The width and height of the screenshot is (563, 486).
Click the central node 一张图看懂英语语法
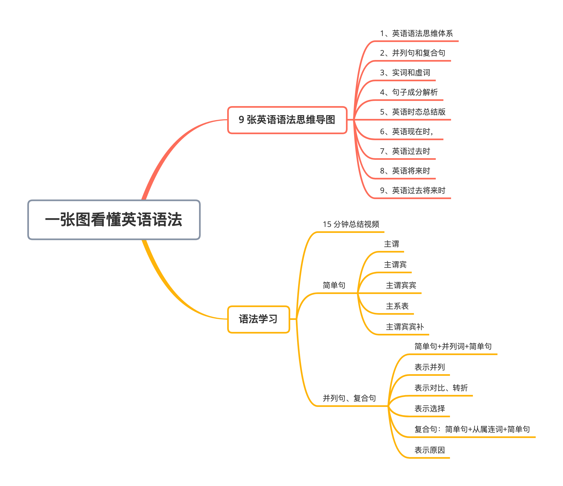click(x=114, y=220)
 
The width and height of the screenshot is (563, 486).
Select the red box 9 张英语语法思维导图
click(x=287, y=120)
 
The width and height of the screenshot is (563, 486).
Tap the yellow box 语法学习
click(x=258, y=319)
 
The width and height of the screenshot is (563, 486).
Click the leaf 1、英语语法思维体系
click(x=416, y=34)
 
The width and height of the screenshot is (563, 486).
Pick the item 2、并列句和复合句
click(x=412, y=53)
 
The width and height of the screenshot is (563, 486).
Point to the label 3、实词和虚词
click(x=405, y=73)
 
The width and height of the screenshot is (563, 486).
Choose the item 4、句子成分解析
click(x=409, y=92)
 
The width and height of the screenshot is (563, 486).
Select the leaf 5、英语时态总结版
click(x=413, y=112)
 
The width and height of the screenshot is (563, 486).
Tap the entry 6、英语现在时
click(x=407, y=132)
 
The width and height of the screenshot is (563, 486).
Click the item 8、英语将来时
click(x=405, y=171)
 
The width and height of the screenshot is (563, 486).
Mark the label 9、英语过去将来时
click(x=413, y=191)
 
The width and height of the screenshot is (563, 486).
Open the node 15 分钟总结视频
click(x=351, y=224)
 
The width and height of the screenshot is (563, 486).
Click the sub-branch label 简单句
click(x=334, y=286)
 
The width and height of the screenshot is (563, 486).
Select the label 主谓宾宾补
click(x=405, y=327)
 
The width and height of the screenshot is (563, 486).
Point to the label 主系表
click(x=397, y=306)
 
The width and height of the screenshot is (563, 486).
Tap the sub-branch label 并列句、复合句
click(x=349, y=398)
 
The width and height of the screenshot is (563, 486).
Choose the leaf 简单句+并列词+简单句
click(x=453, y=347)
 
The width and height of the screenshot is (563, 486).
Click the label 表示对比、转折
click(x=441, y=388)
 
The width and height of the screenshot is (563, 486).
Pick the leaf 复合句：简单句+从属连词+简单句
click(x=472, y=430)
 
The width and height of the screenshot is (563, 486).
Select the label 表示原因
click(x=429, y=450)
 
